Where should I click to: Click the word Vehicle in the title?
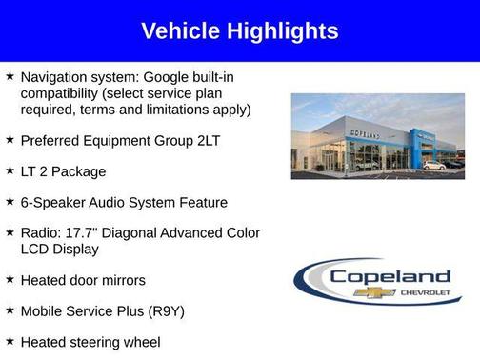pyautogui.click(x=182, y=31)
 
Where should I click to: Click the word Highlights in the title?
pyautogui.click(x=282, y=31)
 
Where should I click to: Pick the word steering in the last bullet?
pyautogui.click(x=97, y=341)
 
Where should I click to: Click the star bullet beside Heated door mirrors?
pyautogui.click(x=10, y=279)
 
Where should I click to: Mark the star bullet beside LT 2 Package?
pyautogui.click(x=10, y=170)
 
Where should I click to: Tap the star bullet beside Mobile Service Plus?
pyautogui.click(x=10, y=310)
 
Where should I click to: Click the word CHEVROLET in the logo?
pyautogui.click(x=421, y=292)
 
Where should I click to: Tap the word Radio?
pyautogui.click(x=39, y=233)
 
